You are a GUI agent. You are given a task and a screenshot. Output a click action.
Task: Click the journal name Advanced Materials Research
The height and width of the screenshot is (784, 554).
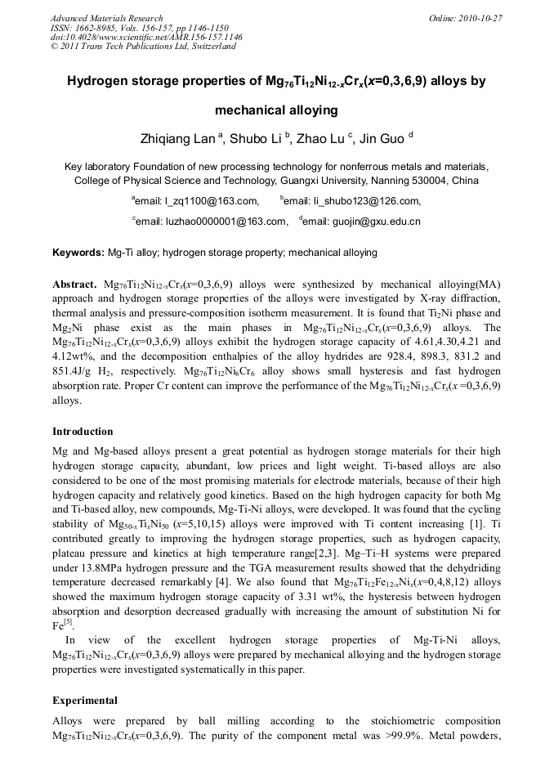point(106,18)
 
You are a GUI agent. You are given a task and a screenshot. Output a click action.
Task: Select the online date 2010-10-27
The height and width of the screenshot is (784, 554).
point(479,18)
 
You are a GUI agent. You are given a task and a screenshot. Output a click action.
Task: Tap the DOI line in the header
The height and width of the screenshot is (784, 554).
point(146,37)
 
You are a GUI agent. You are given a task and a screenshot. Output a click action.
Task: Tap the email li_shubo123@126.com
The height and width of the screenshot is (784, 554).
point(353,200)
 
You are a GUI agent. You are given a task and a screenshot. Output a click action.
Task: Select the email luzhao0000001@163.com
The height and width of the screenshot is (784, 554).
point(211,221)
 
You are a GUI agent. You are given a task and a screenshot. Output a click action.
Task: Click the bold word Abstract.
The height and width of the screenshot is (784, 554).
point(75,284)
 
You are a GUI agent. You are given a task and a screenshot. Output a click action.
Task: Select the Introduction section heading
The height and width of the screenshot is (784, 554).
point(83,431)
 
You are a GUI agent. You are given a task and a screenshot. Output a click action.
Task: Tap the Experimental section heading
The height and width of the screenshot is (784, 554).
point(85,700)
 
